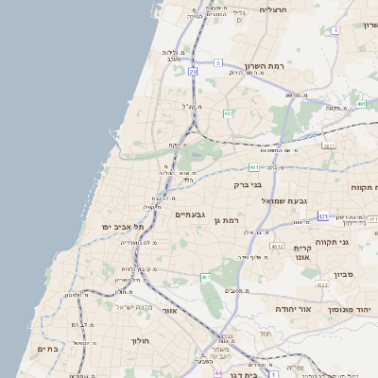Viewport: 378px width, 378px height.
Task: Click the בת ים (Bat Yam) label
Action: tap(48, 349)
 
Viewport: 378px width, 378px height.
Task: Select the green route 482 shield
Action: tap(228, 113)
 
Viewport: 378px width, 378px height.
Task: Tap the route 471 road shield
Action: tap(323, 216)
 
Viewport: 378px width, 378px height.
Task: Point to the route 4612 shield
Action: tap(277, 246)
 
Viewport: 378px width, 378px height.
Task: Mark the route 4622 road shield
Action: tap(322, 283)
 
